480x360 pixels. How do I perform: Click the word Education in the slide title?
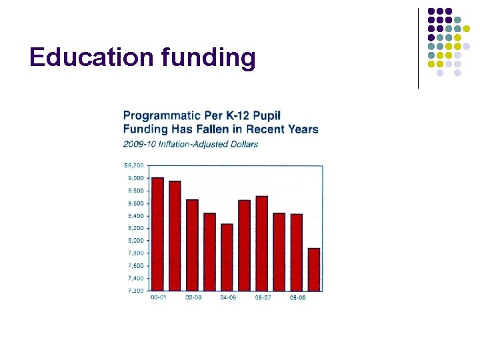tap(91, 58)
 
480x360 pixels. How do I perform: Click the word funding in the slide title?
tap(207, 59)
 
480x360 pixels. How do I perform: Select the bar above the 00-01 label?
tap(157, 233)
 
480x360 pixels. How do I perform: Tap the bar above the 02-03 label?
tap(192, 245)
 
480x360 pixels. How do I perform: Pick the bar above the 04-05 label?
tap(227, 257)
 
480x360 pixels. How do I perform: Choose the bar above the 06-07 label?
tap(261, 243)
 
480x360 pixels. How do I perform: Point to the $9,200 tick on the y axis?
tap(134, 165)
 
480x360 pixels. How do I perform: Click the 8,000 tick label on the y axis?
tap(136, 240)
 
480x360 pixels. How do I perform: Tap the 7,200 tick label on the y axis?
tap(136, 291)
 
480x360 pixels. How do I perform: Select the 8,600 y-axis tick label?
tap(136, 203)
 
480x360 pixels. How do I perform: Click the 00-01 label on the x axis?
tap(159, 297)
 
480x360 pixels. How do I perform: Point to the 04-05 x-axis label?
tap(228, 297)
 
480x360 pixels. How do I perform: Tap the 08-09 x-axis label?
tap(297, 297)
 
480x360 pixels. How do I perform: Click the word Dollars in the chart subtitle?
tap(243, 144)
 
